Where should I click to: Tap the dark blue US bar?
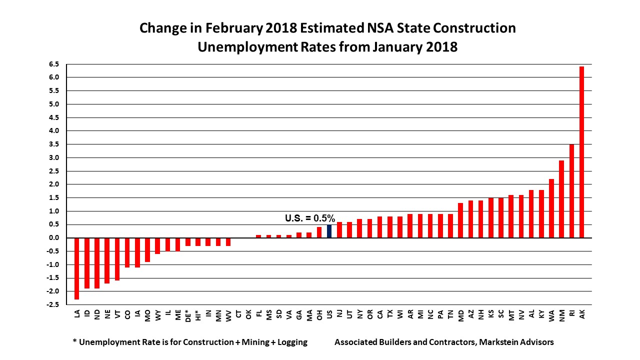[329, 231]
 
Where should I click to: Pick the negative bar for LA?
[77, 268]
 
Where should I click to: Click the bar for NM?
[561, 199]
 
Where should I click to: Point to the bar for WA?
[551, 208]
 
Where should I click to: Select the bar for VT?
[117, 259]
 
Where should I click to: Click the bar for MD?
[460, 220]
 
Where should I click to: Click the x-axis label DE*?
[187, 316]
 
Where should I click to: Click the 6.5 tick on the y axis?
[53, 64]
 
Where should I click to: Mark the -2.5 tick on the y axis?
[52, 304]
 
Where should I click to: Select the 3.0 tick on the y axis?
[53, 157]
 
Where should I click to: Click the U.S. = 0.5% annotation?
[309, 218]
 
